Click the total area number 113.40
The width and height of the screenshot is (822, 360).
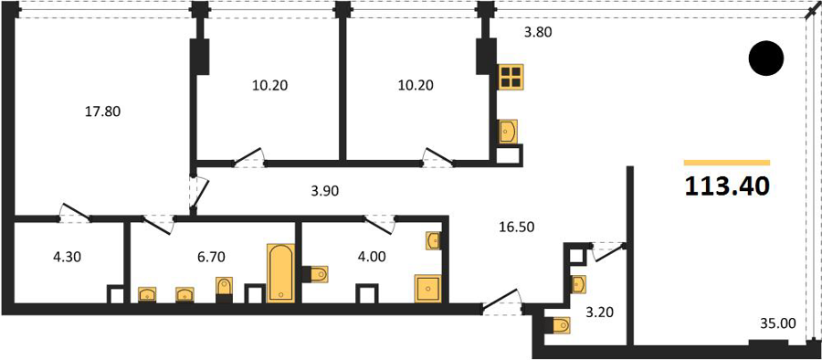point(727,186)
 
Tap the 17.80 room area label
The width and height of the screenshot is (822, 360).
point(103,111)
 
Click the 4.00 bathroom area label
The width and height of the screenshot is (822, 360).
point(371,257)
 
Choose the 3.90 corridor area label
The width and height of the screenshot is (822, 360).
point(325,192)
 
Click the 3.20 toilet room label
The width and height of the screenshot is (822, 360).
point(598,312)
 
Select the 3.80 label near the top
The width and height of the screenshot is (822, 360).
point(539,33)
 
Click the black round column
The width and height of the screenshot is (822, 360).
point(766,58)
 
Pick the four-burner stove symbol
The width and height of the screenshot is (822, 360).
point(510,77)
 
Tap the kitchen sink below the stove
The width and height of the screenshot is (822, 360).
point(509,131)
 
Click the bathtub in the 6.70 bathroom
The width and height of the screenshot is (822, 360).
point(281,273)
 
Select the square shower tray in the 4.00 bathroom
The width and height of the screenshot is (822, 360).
point(429,288)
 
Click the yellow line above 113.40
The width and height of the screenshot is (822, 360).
point(727,163)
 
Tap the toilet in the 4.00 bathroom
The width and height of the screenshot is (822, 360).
point(318,274)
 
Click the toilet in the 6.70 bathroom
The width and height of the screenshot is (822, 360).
point(224,287)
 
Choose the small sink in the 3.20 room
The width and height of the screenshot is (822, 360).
point(579,284)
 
